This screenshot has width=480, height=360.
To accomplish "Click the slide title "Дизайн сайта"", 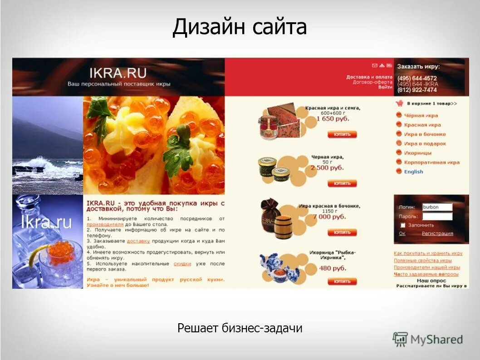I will (240, 27).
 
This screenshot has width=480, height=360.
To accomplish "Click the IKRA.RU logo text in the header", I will (118, 73).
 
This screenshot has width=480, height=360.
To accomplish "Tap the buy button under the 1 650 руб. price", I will (342, 134).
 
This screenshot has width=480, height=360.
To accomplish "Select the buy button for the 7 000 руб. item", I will (342, 232).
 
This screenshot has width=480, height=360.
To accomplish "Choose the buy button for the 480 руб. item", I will (342, 281).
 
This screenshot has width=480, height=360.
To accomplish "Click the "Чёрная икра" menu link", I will (421, 116).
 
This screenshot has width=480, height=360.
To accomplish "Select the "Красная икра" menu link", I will (422, 125).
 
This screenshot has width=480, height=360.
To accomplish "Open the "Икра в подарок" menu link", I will (425, 144).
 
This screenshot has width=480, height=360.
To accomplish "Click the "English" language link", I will (413, 172).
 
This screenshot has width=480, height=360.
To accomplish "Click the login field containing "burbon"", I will (437, 207).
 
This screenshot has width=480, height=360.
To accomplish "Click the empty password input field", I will (437, 217).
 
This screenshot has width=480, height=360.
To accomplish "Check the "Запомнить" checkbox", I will (402, 225).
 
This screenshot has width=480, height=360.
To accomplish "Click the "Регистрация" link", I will (437, 234).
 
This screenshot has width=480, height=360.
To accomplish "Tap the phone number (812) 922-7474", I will (417, 90).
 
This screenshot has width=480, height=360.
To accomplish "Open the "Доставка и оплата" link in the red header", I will (369, 77).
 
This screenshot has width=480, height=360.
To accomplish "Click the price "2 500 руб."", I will (327, 168).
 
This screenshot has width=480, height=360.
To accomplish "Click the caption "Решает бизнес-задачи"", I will (240, 328).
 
